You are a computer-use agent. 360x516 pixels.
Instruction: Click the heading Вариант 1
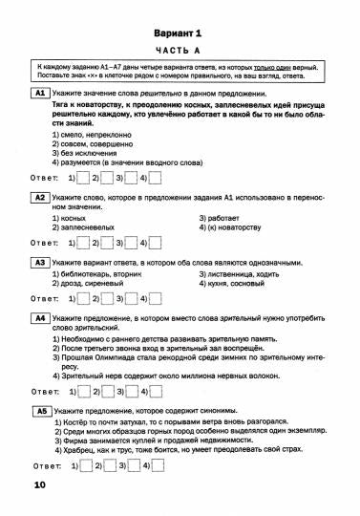[x=180, y=32]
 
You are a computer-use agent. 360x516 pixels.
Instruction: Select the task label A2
[x=40, y=198]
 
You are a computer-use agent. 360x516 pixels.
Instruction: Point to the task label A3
[x=40, y=262]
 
